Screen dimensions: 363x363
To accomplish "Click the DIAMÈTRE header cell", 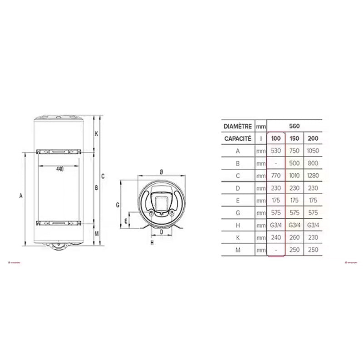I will (x=237, y=126).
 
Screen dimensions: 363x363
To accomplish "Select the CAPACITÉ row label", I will (x=237, y=138).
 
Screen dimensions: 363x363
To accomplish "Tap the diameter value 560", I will (x=294, y=126).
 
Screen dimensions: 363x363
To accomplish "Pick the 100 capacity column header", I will (x=276, y=138).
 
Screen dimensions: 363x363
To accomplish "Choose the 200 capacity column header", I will (x=313, y=138).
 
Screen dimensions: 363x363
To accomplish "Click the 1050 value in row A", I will (x=313, y=151).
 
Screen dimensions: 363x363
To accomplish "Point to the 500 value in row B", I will (x=294, y=163).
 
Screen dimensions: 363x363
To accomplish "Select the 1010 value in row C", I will (x=294, y=176).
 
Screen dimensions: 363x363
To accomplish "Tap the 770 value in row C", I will (x=276, y=176).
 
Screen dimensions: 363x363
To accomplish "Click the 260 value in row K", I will (x=294, y=237).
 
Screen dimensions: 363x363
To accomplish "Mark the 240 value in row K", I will (x=276, y=237).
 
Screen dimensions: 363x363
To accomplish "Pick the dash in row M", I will (x=276, y=250).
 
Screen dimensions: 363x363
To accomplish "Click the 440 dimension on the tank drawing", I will (x=60, y=169).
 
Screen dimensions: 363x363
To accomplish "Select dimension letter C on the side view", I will (x=103, y=177).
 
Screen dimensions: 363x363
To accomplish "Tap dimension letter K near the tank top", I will (x=96, y=133).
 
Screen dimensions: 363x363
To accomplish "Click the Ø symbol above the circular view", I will (x=162, y=172).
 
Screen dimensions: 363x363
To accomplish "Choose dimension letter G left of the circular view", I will (x=117, y=205).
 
